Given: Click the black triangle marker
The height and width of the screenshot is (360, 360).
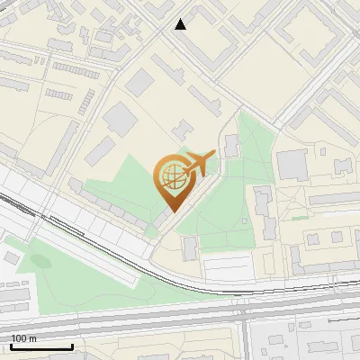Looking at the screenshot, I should [180, 24].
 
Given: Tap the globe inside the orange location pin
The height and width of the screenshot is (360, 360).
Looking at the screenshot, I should [170, 175].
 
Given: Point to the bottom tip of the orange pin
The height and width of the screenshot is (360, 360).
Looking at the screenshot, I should [171, 212].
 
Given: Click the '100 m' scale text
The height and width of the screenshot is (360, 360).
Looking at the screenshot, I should [24, 338].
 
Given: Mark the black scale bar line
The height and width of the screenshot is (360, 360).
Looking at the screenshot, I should [41, 346].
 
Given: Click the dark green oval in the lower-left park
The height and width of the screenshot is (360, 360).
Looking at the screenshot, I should [40, 260].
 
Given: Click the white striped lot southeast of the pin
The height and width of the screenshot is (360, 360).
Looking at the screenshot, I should [228, 267].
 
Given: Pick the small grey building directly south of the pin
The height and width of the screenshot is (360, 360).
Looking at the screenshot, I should [190, 247].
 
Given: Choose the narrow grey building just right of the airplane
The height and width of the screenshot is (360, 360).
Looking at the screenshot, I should [231, 145].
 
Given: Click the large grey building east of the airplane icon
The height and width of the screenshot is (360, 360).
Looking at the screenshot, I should [292, 165].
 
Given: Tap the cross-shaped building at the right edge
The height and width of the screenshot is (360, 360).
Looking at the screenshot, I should [343, 166].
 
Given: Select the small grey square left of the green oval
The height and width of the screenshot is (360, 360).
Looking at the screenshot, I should [10, 257].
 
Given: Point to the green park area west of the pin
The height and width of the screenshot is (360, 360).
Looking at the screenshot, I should [121, 184].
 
